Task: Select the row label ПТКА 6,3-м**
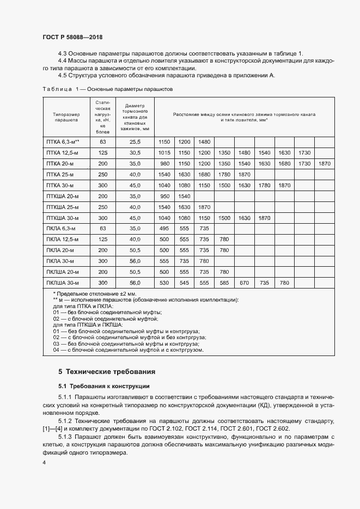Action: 63,142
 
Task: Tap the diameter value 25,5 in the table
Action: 135,142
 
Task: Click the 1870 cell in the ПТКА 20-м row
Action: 325,163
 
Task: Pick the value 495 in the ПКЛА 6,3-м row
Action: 165,229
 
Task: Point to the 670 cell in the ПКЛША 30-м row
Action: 245,283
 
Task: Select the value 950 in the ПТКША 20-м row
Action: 165,196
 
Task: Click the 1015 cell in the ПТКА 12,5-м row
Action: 165,152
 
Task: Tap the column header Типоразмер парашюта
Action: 66,118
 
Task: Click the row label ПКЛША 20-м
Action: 63,272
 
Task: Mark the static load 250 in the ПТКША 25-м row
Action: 102,207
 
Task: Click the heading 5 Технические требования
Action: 107,372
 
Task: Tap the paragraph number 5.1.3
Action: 65,437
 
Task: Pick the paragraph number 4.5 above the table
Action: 63,76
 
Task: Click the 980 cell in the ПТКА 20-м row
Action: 165,163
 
